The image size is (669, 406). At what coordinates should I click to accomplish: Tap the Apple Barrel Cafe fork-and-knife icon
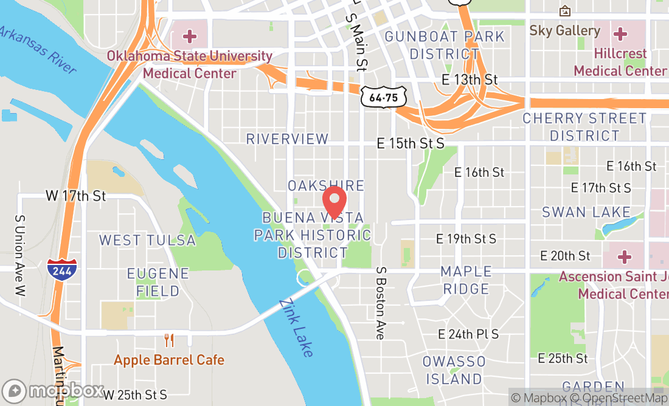coord(168,340)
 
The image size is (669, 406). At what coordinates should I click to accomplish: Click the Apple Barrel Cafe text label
coord(168,360)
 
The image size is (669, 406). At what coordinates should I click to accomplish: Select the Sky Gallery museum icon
coord(564,11)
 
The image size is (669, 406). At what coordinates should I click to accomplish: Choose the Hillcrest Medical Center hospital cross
coord(620,33)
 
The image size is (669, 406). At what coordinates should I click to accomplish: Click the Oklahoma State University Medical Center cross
coord(190,36)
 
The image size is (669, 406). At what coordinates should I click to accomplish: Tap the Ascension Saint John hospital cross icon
coord(625,256)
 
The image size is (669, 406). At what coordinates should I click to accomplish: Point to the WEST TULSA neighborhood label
coord(148,240)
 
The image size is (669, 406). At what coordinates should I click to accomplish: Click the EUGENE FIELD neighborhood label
coord(158,282)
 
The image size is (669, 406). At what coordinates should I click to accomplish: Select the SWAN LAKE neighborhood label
coord(586,212)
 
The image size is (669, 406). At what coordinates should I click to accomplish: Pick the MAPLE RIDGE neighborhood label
coord(466,280)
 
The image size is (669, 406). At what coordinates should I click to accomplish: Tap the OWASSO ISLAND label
coord(454,370)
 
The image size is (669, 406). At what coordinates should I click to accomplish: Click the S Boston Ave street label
coord(381,303)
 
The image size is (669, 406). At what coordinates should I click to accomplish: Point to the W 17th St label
coord(76,196)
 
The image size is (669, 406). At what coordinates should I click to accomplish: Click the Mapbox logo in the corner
coord(52,390)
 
